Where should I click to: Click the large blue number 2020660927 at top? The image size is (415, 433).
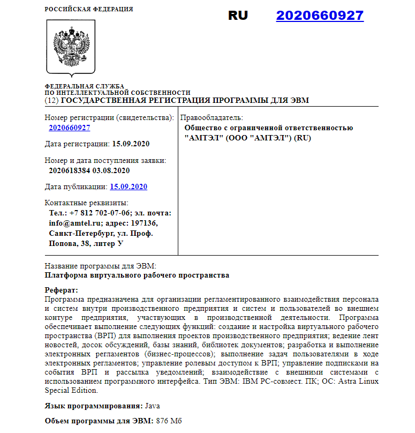pyautogui.click(x=320, y=16)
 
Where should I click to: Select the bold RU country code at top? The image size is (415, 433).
pyautogui.click(x=238, y=16)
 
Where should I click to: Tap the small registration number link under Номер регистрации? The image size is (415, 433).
pyautogui.click(x=69, y=128)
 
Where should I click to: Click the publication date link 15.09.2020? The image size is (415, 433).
pyautogui.click(x=129, y=187)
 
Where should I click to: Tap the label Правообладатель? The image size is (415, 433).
pyautogui.click(x=212, y=117)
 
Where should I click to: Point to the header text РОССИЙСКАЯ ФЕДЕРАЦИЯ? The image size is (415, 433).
pyautogui.click(x=89, y=9)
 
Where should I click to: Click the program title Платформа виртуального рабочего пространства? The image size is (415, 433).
pyautogui.click(x=137, y=275)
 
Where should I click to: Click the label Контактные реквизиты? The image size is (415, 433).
pyautogui.click(x=87, y=203)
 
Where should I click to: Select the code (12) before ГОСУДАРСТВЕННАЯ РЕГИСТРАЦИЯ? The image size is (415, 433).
pyautogui.click(x=51, y=100)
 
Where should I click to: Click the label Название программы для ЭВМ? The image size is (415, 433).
pyautogui.click(x=100, y=266)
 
